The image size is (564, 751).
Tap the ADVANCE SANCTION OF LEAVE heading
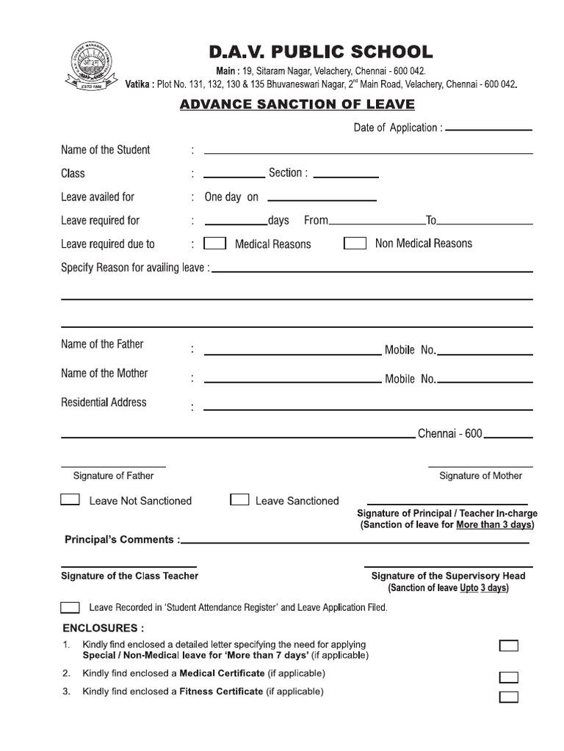(297, 105)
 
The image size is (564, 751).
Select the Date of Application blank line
(488, 129)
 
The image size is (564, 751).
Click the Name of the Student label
(105, 150)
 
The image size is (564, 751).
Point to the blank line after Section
(346, 177)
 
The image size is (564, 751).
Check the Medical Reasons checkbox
(214, 243)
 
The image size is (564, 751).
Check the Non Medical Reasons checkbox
(355, 243)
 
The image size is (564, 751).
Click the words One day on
(231, 197)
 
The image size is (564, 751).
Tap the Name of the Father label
(102, 344)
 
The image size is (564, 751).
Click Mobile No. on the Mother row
(411, 379)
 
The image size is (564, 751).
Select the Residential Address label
(104, 402)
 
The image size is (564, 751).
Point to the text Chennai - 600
(449, 433)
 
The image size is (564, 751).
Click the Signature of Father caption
(113, 476)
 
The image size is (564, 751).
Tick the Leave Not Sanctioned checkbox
(70, 500)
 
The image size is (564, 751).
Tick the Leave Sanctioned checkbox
(239, 500)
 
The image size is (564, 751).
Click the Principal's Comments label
(122, 540)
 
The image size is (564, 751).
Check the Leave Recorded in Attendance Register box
(70, 607)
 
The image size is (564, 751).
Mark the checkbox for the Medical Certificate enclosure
(508, 677)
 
